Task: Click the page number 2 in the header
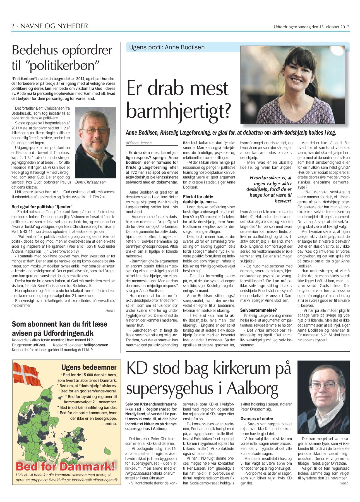13,26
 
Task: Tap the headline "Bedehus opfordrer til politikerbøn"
62,58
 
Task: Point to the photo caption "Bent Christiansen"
91,182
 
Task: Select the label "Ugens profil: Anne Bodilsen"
167,47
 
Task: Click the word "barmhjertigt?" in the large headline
179,111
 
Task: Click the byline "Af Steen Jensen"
139,143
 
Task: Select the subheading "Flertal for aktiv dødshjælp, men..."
200,199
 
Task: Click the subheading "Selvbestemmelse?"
258,310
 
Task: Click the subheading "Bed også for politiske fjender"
42,207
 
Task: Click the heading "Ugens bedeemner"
89,367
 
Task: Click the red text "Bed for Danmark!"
65,466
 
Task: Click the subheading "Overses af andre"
257,419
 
